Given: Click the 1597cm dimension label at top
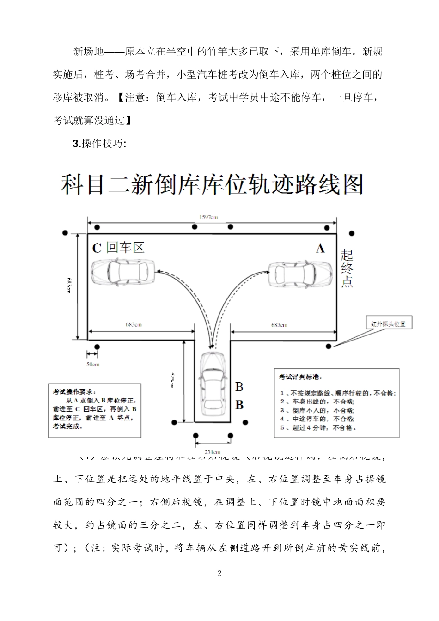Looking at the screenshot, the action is [x=208, y=217].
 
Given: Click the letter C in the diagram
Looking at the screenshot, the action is [x=97, y=249].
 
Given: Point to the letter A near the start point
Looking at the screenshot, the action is [x=320, y=249].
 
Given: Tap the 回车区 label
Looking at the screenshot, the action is [x=126, y=248].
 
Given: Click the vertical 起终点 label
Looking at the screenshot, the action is [x=347, y=268].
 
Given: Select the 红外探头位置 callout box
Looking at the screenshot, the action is [x=388, y=323].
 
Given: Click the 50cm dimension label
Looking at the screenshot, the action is [x=92, y=365].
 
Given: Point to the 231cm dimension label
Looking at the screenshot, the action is [x=212, y=451].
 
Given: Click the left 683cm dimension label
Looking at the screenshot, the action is [x=134, y=324].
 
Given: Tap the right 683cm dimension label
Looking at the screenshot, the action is [x=279, y=324].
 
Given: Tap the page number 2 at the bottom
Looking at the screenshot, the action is [x=219, y=574].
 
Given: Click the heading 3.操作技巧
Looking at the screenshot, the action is [x=99, y=144].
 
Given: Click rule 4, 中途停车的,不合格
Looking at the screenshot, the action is [x=317, y=419].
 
